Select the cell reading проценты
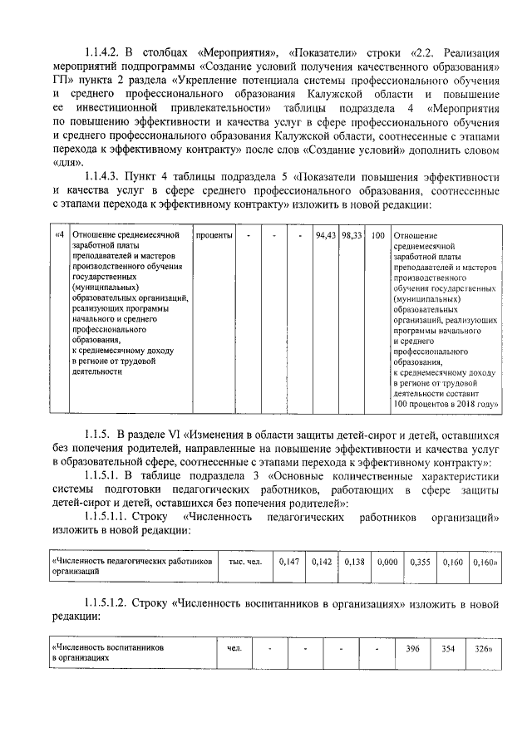214,236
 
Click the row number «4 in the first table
60,236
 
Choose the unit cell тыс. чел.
245,563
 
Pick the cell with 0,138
355,563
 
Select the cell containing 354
448,647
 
